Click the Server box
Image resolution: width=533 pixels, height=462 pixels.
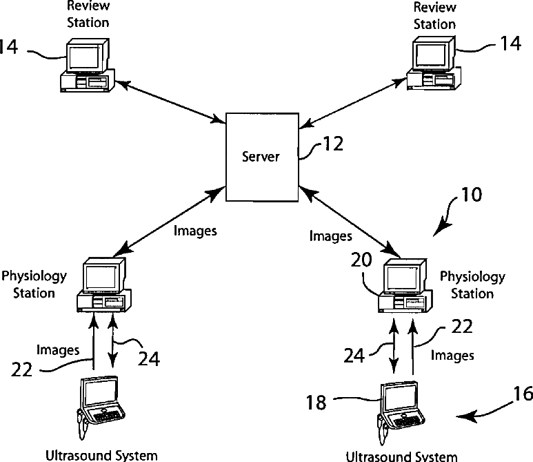(262, 157)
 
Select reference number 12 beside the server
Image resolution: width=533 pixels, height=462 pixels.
(333, 144)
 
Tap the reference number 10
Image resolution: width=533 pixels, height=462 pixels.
(472, 195)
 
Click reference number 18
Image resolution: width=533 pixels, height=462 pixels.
(316, 403)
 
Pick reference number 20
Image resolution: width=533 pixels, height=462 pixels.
(361, 260)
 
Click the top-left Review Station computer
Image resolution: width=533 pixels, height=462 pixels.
(88, 65)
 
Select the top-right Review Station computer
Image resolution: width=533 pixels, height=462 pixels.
(434, 64)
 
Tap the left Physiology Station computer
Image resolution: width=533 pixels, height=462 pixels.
(104, 285)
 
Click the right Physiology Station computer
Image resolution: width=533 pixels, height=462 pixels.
(405, 286)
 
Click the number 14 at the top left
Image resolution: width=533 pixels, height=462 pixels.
(8, 47)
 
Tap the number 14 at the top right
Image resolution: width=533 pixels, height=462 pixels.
(510, 44)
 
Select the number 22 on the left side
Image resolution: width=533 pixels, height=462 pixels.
(21, 369)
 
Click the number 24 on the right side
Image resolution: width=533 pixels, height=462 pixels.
(354, 356)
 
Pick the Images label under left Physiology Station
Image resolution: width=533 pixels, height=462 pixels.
(58, 350)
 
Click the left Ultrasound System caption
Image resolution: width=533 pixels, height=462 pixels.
(101, 456)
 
